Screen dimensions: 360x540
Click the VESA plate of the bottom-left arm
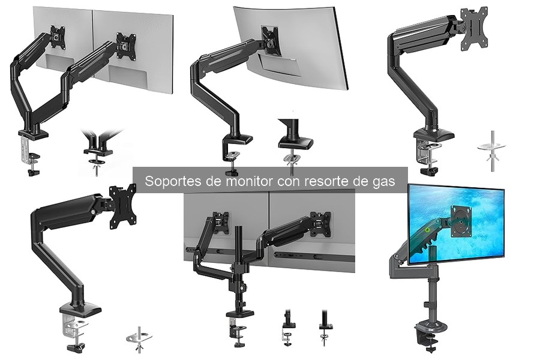[x=122, y=208]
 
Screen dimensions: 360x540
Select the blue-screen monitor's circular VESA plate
[x=461, y=220]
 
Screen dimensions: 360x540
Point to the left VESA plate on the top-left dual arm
[x=57, y=37]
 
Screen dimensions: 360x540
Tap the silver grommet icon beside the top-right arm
[x=491, y=148]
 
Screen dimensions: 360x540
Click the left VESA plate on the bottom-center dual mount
[x=221, y=224]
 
